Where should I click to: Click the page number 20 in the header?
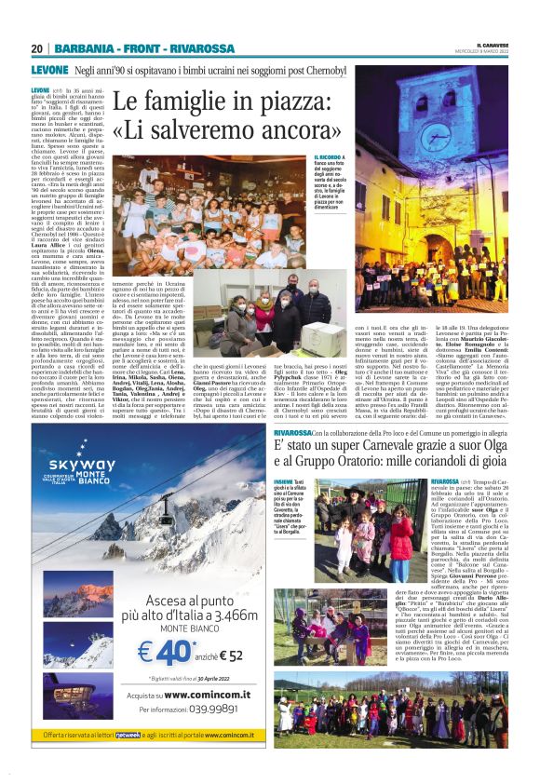(37, 48)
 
